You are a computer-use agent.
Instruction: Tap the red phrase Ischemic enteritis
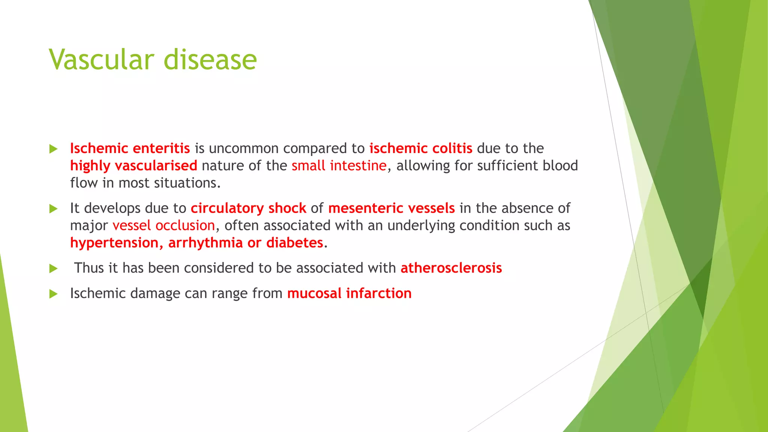tap(130, 148)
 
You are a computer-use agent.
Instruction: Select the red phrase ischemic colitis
tap(421, 148)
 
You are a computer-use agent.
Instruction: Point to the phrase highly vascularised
tap(133, 166)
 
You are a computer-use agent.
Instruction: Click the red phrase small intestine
tap(339, 166)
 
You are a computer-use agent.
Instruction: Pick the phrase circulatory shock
tap(248, 208)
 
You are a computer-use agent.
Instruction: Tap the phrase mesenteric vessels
tap(391, 208)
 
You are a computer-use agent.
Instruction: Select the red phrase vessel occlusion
tap(164, 225)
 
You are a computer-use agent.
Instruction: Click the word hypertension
tap(116, 243)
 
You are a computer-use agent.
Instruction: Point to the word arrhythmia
tap(205, 243)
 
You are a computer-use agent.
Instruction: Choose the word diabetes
tap(295, 243)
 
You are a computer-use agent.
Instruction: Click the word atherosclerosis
tap(451, 268)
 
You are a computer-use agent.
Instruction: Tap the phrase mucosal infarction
tap(349, 293)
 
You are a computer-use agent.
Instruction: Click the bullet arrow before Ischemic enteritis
tap(54, 149)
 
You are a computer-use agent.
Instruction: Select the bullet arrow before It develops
tap(54, 208)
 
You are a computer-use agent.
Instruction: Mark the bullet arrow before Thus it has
tap(54, 268)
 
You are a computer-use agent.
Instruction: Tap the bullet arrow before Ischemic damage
tap(54, 294)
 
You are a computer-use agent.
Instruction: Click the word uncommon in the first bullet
tap(244, 148)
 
